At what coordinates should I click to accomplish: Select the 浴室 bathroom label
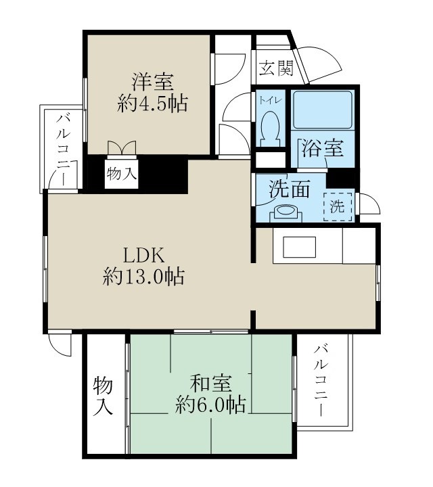[323, 148]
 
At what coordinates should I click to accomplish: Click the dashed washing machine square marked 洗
[337, 206]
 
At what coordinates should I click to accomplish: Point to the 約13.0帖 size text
[143, 277]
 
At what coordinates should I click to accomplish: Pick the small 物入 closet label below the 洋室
[122, 174]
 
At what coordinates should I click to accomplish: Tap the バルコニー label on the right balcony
[323, 382]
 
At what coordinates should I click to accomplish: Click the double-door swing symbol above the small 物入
[122, 147]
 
